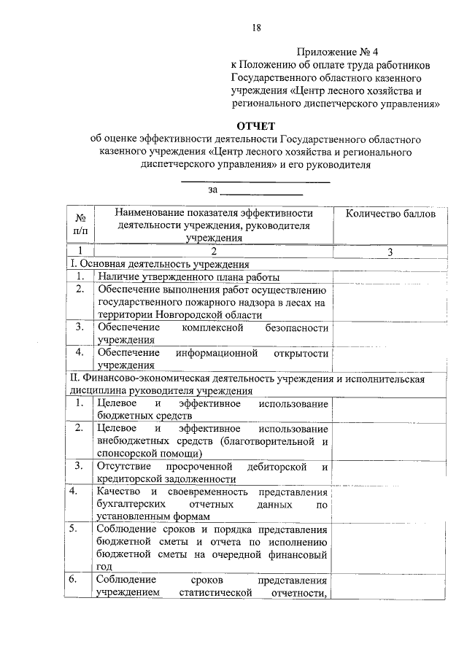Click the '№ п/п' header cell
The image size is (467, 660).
click(80, 225)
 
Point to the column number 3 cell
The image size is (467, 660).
click(390, 252)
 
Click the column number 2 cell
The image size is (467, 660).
click(213, 252)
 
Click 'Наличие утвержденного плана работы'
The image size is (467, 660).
click(188, 277)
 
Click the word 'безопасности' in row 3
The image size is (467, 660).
click(297, 327)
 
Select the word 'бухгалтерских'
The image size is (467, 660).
click(128, 504)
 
